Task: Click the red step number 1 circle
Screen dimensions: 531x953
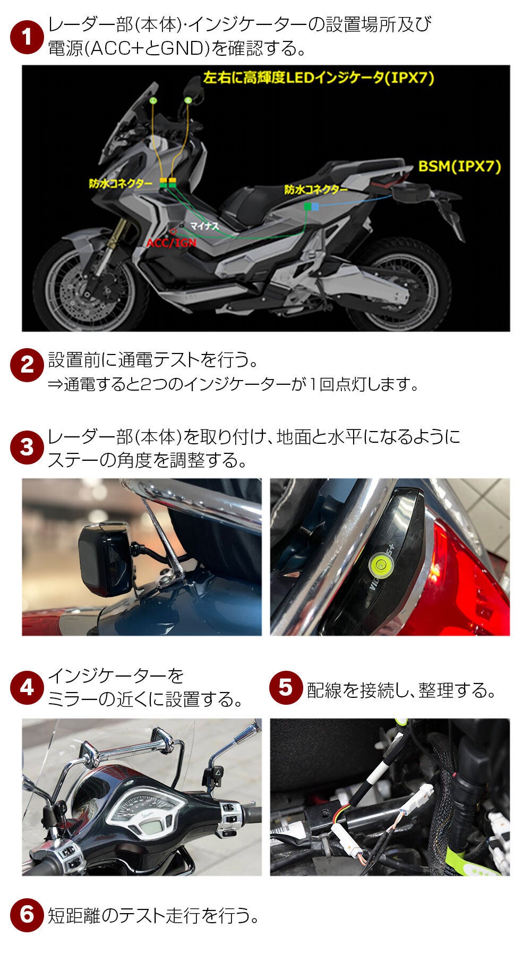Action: (27, 38)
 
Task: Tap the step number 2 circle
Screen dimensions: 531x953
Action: (27, 365)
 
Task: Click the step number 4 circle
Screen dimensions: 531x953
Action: (27, 688)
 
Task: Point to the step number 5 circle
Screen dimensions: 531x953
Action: (286, 688)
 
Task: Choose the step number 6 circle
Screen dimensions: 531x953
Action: (27, 915)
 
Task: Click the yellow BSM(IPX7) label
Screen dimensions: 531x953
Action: (460, 166)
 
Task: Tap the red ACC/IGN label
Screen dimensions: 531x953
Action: (172, 243)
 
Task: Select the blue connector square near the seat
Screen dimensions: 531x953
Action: (315, 206)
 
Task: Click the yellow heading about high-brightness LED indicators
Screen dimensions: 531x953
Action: (319, 78)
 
